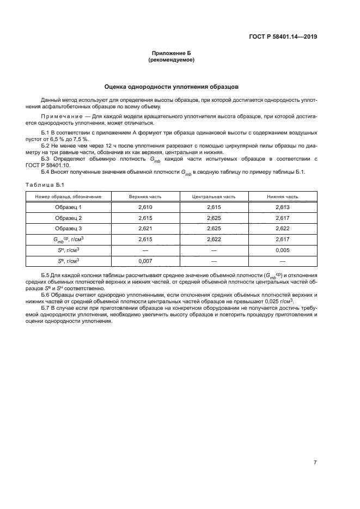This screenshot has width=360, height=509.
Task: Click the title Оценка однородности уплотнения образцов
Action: point(171,87)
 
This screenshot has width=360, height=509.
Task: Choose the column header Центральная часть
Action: point(213,197)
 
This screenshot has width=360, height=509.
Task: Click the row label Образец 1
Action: point(68,207)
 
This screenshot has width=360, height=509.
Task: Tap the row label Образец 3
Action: point(68,228)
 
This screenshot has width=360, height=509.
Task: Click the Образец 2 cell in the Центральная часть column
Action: point(213,218)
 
